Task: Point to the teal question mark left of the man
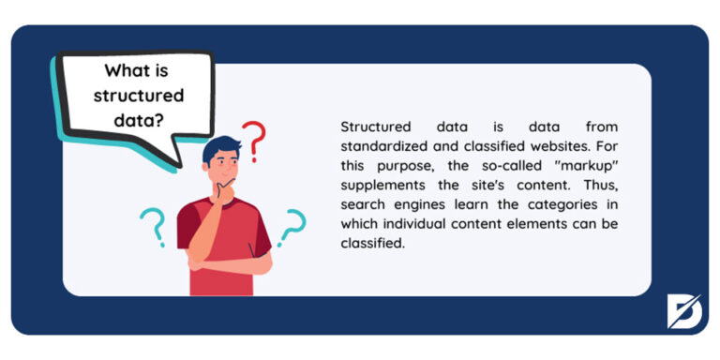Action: (x=151, y=225)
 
